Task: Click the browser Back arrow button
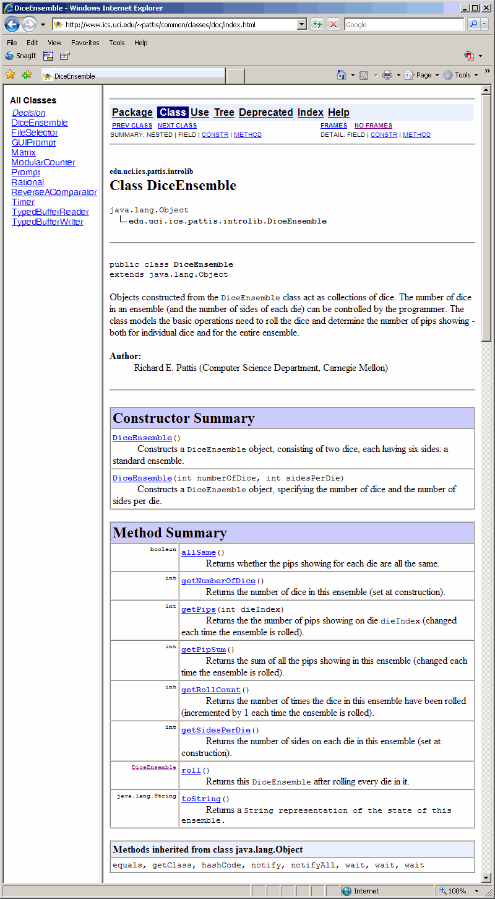(x=12, y=25)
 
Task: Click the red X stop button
(x=334, y=25)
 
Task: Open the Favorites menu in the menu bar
(x=85, y=43)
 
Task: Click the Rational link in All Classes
(x=27, y=182)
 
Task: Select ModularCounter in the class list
(x=43, y=162)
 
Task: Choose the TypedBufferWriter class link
(x=47, y=222)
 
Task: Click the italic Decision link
(x=28, y=113)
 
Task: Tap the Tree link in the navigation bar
(x=224, y=112)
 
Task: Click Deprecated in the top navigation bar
(x=265, y=112)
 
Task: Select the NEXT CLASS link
(x=177, y=126)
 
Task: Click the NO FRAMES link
(x=373, y=126)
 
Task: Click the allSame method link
(x=198, y=552)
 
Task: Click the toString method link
(x=201, y=799)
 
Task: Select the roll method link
(x=191, y=770)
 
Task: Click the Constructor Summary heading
(x=184, y=419)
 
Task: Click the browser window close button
(x=486, y=8)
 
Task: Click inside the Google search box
(x=402, y=25)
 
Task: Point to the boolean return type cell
(x=163, y=549)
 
